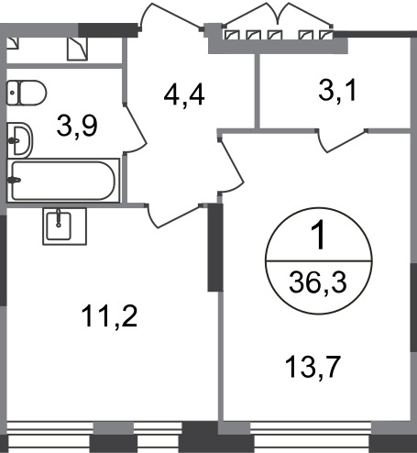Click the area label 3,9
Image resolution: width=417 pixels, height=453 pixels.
[77, 127]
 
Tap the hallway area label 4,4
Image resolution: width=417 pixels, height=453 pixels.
[184, 95]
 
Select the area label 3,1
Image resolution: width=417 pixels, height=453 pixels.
[337, 91]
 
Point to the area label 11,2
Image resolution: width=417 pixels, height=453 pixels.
[109, 317]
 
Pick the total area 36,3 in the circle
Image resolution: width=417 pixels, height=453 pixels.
[318, 282]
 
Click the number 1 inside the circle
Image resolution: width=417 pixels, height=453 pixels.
[319, 236]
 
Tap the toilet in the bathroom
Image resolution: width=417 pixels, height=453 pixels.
[27, 93]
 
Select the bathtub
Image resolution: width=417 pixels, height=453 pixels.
[63, 181]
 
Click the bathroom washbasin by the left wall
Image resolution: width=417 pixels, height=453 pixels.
[19, 140]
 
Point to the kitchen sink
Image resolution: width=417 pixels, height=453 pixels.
[64, 226]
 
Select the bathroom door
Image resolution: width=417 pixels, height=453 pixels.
[135, 128]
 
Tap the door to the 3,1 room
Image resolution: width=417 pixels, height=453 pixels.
[342, 140]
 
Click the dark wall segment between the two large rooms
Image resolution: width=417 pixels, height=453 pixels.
[215, 248]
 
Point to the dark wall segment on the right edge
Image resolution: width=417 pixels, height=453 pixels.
[413, 307]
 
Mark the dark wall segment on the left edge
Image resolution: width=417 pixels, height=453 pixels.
[3, 260]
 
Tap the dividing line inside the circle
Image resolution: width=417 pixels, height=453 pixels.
[319, 261]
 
